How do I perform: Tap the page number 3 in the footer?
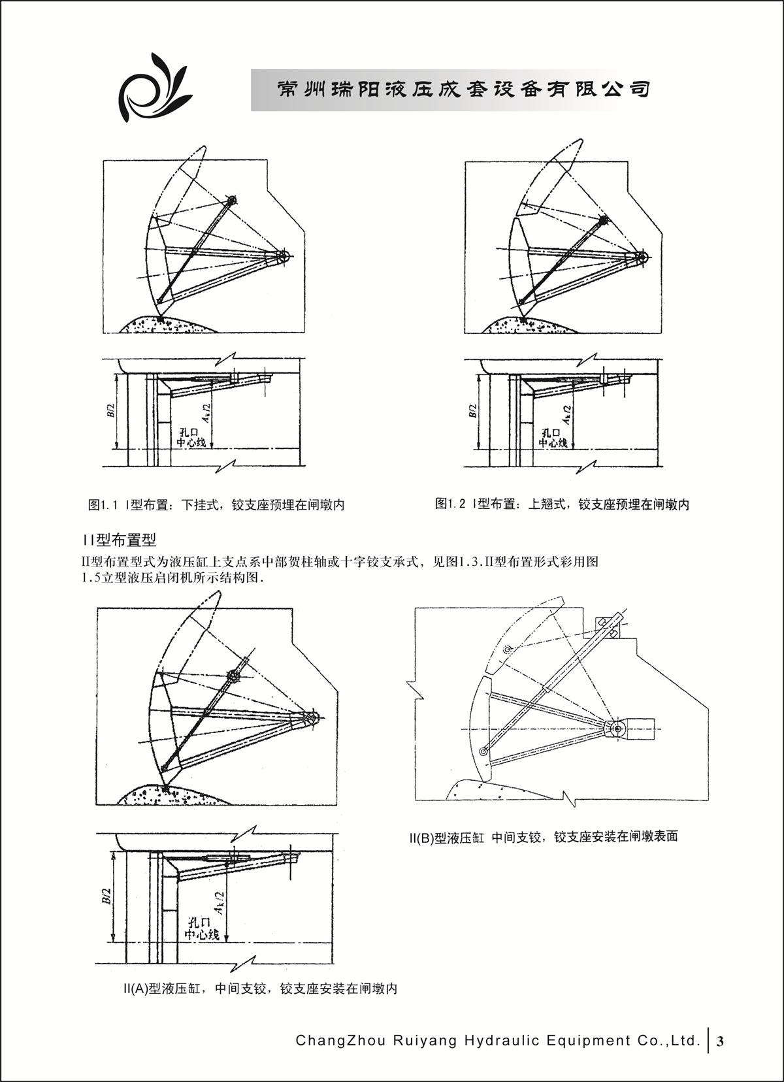tap(720, 1041)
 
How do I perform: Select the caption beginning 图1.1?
tap(216, 504)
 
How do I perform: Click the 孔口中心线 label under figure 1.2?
tap(553, 438)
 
